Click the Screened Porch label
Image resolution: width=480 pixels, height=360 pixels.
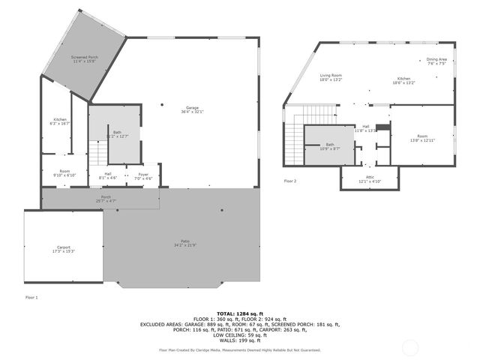coord(85,58)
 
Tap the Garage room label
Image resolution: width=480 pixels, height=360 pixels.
coord(191,109)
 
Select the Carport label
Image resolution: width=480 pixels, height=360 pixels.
coord(62,249)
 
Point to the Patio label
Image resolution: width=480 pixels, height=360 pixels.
coord(184,243)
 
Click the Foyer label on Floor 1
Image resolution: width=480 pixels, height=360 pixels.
coord(142,178)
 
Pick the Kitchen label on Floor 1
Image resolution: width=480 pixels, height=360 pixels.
coord(59,121)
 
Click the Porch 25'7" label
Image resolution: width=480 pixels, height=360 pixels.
coord(105,199)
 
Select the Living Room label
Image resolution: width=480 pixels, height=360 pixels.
coord(331,77)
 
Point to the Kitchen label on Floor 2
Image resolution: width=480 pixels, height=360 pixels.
coord(404,81)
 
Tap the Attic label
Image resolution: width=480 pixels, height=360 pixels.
coord(370,179)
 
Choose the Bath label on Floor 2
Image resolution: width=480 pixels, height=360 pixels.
coord(330,147)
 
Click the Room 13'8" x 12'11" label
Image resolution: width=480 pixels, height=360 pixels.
coord(422,138)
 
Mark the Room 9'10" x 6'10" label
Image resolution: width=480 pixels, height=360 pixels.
coord(64,173)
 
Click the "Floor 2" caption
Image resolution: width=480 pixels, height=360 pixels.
coord(289,181)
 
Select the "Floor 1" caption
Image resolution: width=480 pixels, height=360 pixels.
coord(31,298)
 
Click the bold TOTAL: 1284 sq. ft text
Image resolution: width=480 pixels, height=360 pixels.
coord(239,313)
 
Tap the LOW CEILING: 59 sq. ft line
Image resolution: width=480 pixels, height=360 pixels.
coord(239,334)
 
